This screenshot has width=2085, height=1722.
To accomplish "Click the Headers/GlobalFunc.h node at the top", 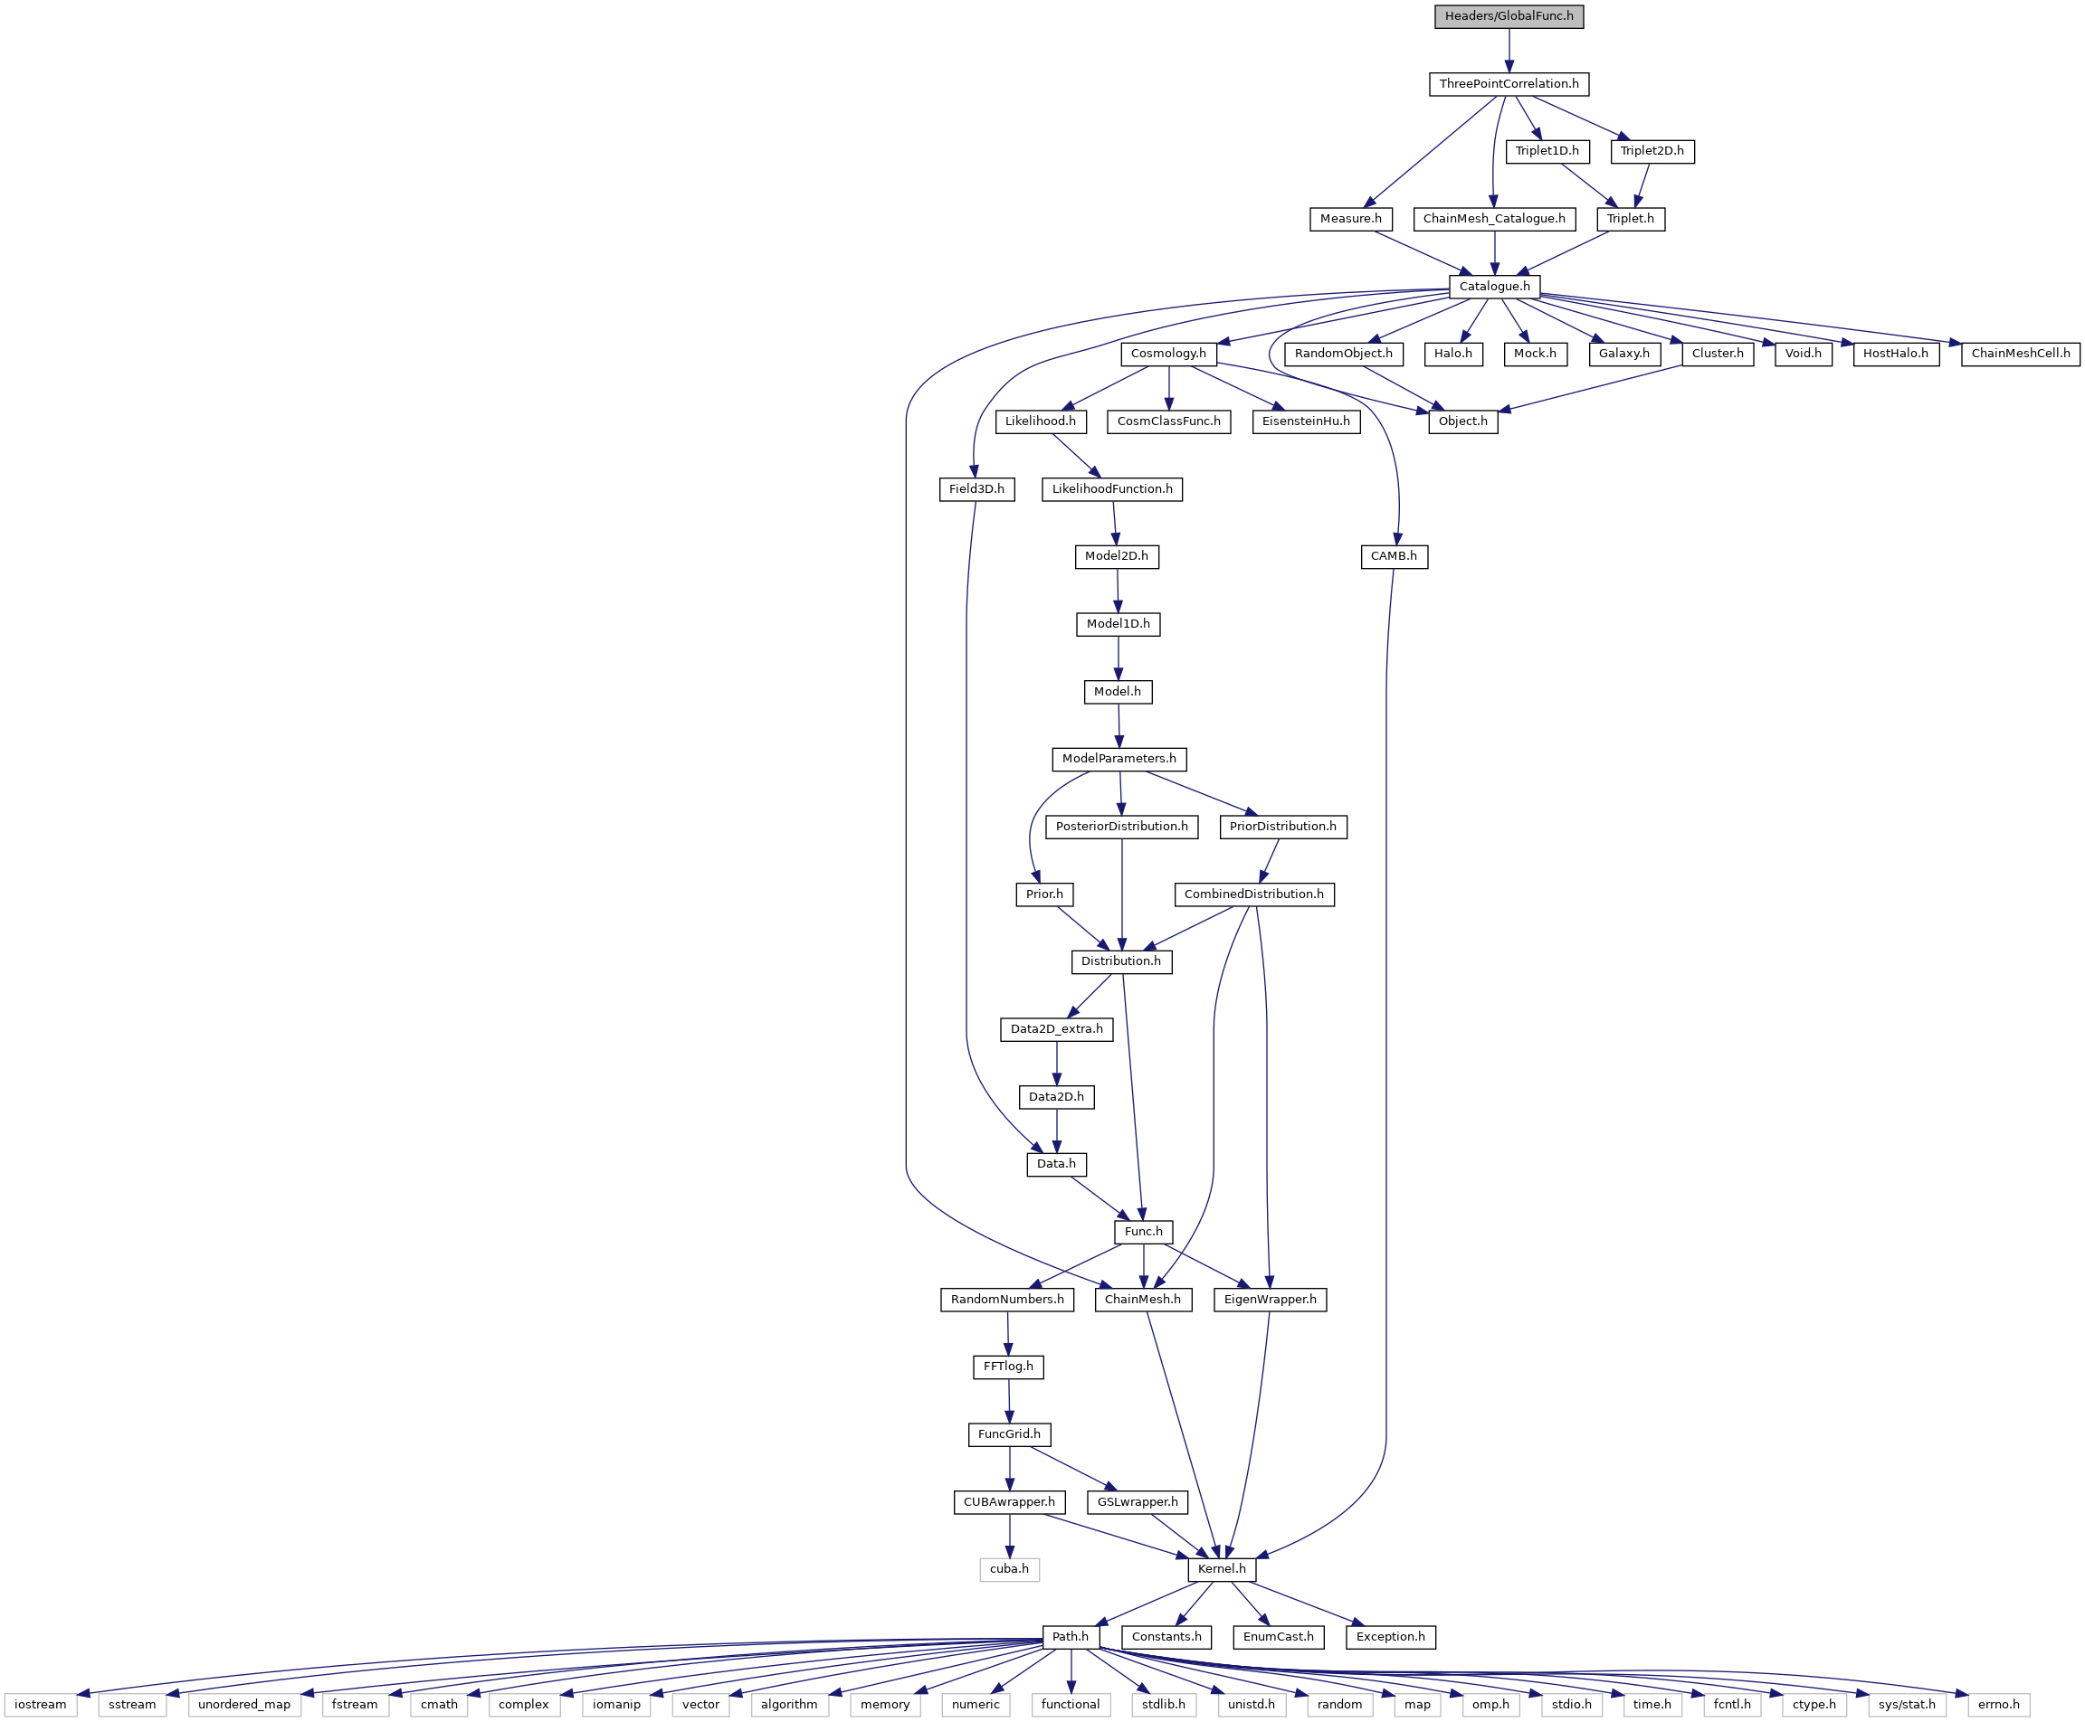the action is (x=1509, y=16).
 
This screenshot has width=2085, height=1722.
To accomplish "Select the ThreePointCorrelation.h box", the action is (x=1509, y=83).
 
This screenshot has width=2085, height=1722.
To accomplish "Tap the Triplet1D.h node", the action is (x=1547, y=151).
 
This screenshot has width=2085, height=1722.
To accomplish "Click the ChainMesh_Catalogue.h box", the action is (x=1493, y=218).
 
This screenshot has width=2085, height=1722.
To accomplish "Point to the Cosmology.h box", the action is (x=1168, y=353).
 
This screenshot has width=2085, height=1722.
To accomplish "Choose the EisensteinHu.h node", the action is (x=1305, y=421).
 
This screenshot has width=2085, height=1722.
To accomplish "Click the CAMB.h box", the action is (x=1394, y=555).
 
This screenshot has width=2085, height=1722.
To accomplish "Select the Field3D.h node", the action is (x=976, y=489).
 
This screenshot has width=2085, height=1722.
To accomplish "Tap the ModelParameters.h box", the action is (x=1119, y=759).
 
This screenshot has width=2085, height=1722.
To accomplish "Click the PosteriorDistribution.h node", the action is (x=1121, y=827).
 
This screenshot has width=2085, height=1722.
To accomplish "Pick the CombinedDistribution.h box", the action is (x=1253, y=894).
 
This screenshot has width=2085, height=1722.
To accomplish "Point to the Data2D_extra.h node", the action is (x=1056, y=1028).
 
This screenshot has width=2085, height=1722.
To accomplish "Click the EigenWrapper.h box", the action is (x=1270, y=1300).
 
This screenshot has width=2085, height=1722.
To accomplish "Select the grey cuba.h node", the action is (x=1009, y=1569).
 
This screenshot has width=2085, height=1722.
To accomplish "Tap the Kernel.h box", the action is (x=1222, y=1569).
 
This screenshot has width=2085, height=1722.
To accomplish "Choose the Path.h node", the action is (x=1071, y=1637).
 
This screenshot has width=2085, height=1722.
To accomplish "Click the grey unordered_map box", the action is (x=244, y=1704).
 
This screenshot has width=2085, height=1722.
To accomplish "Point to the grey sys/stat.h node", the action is (x=1907, y=1704).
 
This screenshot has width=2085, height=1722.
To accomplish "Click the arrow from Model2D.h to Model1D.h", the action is (x=1118, y=591).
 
